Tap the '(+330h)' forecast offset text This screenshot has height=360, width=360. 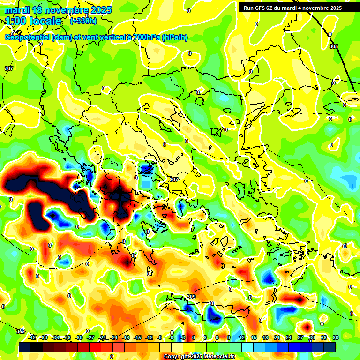(84, 21)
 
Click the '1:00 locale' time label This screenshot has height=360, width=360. (33, 22)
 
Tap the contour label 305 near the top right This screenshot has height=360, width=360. (334, 46)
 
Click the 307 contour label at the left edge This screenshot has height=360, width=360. (8, 69)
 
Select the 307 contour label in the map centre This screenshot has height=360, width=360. (174, 180)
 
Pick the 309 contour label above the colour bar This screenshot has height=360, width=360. (191, 297)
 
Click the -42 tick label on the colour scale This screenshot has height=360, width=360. (32, 337)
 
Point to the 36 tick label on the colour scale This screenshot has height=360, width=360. (335, 337)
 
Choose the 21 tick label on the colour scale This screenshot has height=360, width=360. (277, 337)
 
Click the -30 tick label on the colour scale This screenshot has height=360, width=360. (79, 337)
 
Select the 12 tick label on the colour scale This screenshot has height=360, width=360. (242, 337)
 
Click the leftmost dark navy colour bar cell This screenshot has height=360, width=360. (25, 347)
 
